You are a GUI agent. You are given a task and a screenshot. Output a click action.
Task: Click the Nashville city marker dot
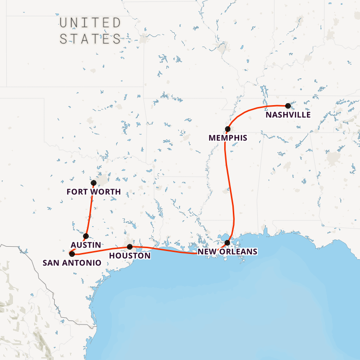click(288, 106)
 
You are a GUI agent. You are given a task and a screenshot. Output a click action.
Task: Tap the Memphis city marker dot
click(228, 129)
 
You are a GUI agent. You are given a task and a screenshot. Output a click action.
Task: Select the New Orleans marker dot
click(228, 243)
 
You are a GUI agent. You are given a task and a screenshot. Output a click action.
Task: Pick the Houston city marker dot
click(130, 247)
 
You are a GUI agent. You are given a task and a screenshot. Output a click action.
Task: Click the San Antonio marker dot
click(72, 253)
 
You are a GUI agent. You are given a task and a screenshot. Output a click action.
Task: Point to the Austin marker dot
click(86, 236)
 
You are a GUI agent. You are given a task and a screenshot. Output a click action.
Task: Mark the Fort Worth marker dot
click(94, 183)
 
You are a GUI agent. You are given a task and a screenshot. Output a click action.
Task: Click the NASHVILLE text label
click(288, 115)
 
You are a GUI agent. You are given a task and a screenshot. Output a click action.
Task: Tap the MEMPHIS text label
click(228, 138)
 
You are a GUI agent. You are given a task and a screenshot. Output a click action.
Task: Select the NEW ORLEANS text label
click(228, 252)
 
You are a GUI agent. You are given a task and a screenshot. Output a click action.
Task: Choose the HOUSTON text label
click(130, 256)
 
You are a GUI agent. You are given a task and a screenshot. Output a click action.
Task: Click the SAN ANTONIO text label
click(72, 263)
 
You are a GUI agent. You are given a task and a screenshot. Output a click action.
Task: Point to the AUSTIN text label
click(86, 245)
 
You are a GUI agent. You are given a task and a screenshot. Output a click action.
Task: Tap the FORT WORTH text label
click(94, 192)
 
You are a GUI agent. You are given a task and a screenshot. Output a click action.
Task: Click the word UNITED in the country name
click(90, 23)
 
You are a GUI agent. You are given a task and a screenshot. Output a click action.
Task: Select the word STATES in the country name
click(90, 39)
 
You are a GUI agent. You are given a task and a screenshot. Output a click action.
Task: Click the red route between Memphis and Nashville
click(254, 108)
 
